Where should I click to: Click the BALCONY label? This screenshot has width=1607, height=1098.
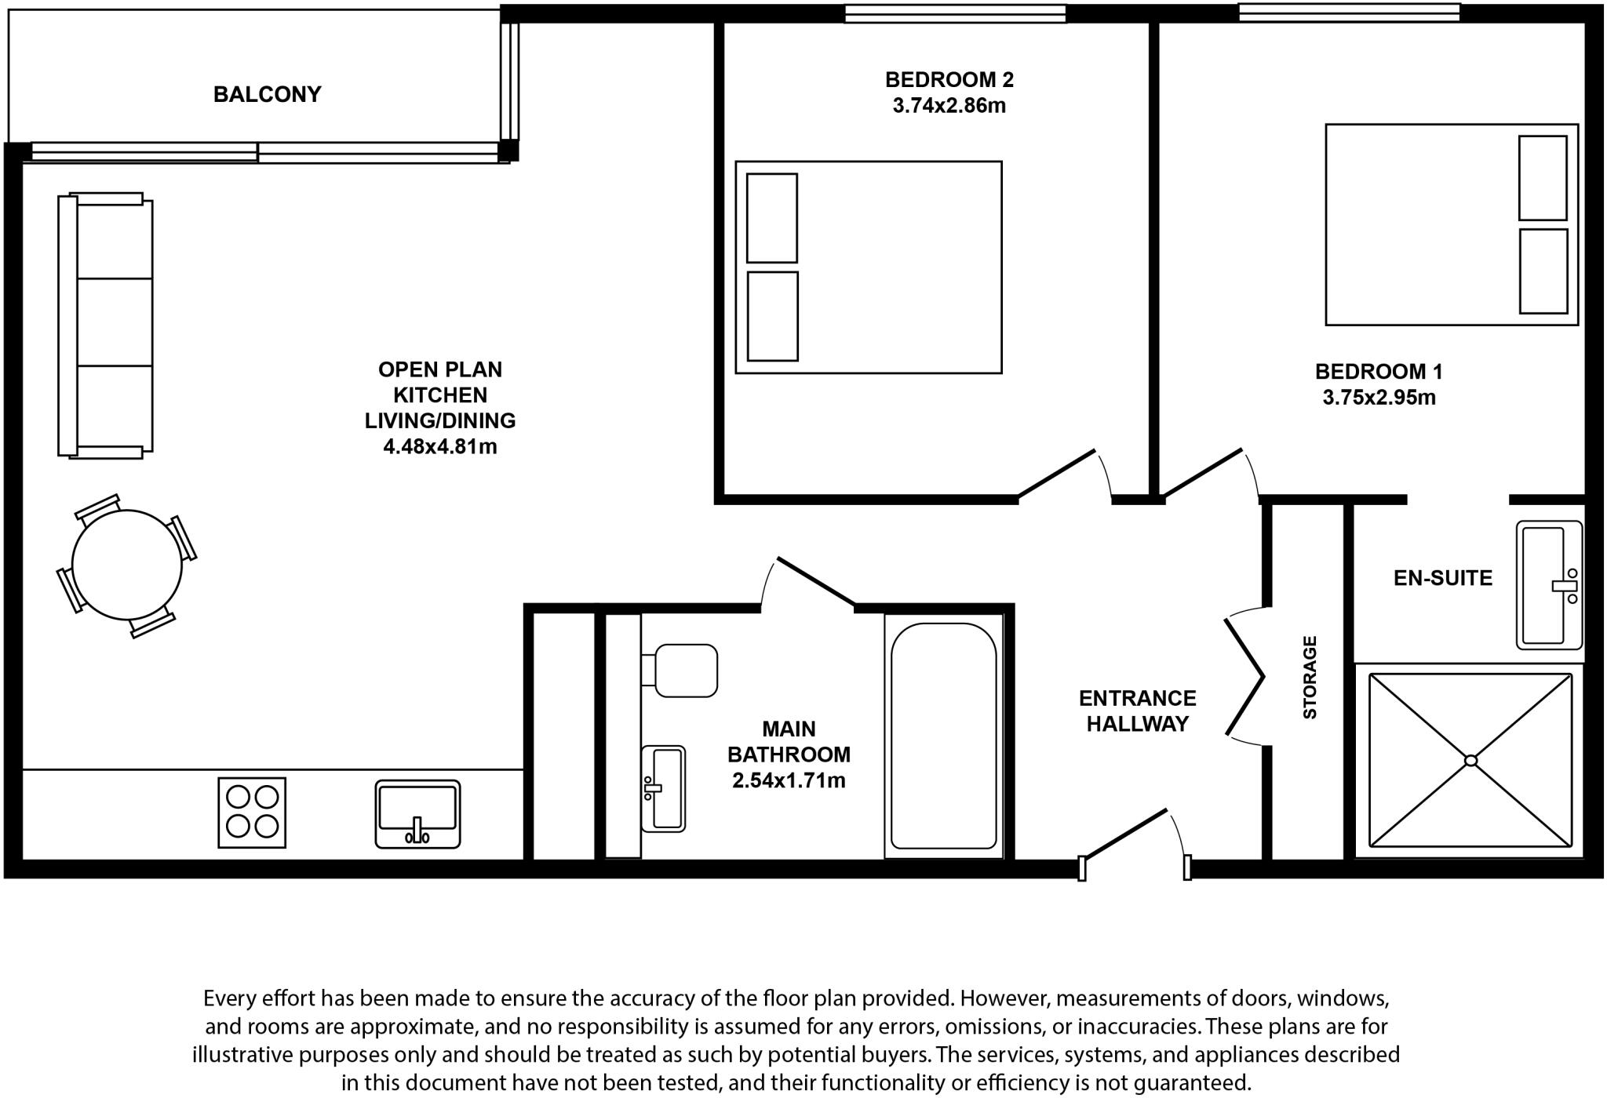[267, 94]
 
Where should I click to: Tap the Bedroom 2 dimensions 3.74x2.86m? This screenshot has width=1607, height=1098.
[949, 106]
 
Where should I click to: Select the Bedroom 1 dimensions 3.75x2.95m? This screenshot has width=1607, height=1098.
[1379, 398]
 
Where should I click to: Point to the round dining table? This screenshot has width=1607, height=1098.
[126, 565]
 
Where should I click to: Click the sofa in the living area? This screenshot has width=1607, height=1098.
[106, 325]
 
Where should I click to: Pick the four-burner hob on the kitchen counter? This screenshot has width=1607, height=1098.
[252, 813]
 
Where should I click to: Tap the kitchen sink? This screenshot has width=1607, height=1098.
[417, 813]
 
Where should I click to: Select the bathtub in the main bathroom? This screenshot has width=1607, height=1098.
[943, 736]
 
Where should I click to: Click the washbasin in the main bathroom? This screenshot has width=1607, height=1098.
[664, 788]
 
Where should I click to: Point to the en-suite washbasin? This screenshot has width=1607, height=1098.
[1548, 585]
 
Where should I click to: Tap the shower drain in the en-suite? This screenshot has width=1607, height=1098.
[1470, 760]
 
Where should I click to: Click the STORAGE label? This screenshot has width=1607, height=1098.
[1310, 678]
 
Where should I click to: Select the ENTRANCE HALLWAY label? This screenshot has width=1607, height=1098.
[1137, 711]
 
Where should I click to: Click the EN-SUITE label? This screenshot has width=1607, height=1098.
[1442, 578]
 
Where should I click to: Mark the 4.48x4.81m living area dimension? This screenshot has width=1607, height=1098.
[439, 447]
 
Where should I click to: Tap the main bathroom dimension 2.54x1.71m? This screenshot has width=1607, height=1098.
[789, 780]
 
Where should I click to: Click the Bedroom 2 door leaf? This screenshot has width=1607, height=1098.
[1056, 474]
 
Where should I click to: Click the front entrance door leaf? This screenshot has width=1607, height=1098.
[1124, 834]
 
